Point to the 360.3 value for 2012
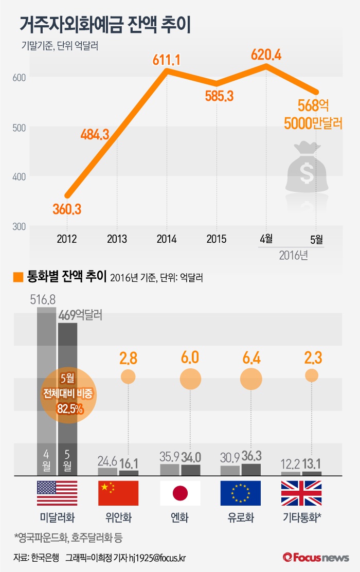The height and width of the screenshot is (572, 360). (x=67, y=209)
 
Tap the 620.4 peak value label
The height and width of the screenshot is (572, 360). (x=266, y=54)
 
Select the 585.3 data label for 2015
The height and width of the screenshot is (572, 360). (x=219, y=96)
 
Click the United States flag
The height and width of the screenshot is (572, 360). (x=57, y=493)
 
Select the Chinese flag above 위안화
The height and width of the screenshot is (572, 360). (x=118, y=493)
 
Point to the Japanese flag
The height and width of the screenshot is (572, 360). (x=179, y=493)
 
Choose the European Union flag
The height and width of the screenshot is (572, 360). (x=240, y=493)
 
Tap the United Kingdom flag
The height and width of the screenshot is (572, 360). (x=301, y=493)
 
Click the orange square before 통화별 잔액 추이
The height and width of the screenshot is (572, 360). (x=18, y=277)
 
